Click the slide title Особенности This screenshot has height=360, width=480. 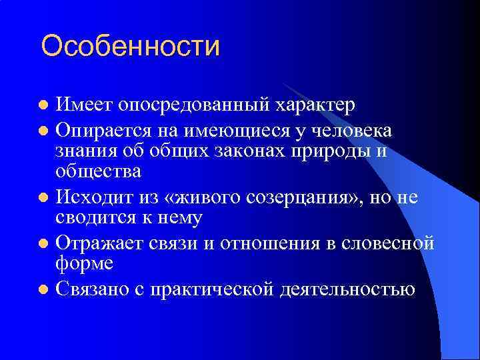(x=130, y=47)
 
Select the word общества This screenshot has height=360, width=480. (x=99, y=171)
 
